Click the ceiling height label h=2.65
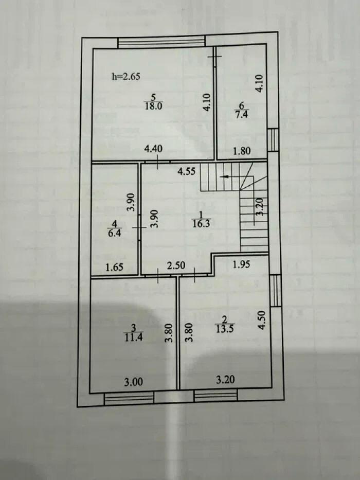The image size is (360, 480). (126, 77)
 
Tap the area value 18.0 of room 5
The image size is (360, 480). (153, 106)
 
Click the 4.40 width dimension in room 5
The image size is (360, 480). (153, 149)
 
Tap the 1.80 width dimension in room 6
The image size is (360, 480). (242, 151)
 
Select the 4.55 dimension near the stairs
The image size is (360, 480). (187, 172)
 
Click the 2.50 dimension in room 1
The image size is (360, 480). (177, 266)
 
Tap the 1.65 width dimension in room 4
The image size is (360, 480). (115, 267)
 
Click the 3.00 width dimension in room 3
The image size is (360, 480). (133, 382)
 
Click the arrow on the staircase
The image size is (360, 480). (225, 176)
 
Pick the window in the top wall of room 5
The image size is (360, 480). (161, 42)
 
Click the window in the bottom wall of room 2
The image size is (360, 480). (216, 396)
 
